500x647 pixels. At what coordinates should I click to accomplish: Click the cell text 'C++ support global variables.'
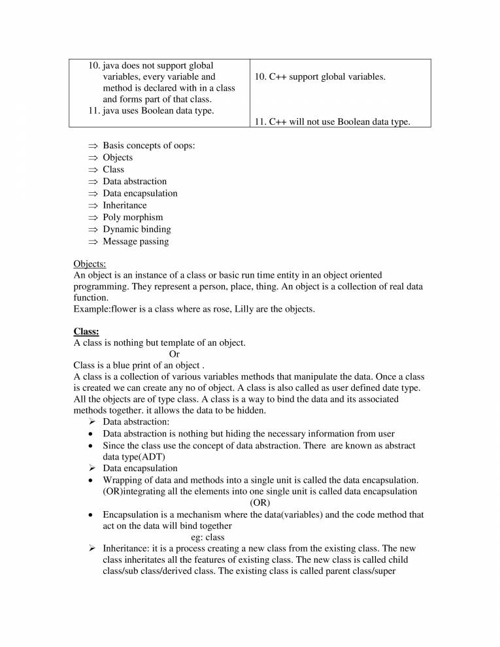(320, 77)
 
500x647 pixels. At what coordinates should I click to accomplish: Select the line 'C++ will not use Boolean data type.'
(332, 122)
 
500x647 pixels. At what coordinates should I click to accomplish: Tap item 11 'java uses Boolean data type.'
(152, 110)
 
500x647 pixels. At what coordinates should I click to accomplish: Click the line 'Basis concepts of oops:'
(148, 145)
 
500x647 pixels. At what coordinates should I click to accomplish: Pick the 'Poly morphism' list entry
(133, 217)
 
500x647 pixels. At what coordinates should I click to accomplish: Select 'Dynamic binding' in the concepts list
(137, 229)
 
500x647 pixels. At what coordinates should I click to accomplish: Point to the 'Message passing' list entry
(135, 241)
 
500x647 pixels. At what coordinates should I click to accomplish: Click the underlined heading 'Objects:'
(90, 264)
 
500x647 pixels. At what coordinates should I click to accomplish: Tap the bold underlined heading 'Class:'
(86, 331)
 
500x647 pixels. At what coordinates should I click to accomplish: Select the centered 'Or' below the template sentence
(165, 354)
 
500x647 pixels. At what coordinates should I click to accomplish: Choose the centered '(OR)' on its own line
(260, 503)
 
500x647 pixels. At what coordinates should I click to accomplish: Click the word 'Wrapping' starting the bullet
(123, 480)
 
